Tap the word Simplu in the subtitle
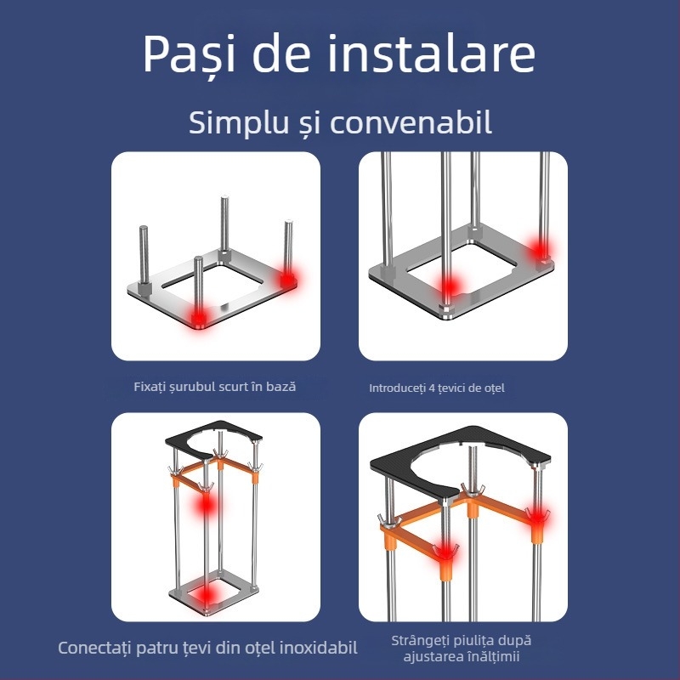click(x=235, y=122)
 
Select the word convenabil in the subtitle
click(x=411, y=122)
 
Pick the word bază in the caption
click(x=280, y=387)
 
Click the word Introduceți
click(x=397, y=388)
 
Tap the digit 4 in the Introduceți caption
click(x=432, y=388)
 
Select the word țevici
click(x=455, y=388)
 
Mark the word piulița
click(x=476, y=641)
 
